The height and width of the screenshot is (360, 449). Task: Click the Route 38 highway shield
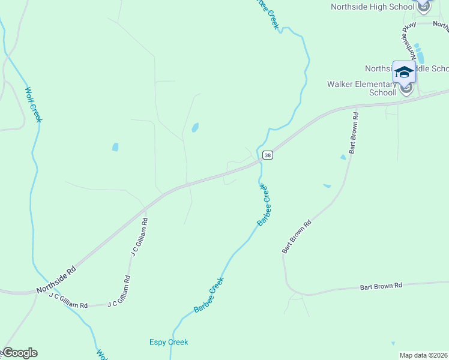click(x=268, y=155)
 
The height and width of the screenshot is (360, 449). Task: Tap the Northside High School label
click(x=373, y=7)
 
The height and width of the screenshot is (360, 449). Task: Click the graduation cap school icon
click(x=404, y=72)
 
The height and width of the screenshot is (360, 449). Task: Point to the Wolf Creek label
click(x=34, y=105)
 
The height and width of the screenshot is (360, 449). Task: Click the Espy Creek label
click(x=169, y=343)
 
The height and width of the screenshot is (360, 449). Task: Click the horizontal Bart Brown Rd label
click(x=381, y=286)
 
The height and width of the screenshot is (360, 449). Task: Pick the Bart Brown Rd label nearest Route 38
click(x=354, y=132)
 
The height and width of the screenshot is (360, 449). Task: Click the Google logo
click(x=20, y=353)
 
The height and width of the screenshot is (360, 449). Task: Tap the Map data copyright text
click(x=424, y=355)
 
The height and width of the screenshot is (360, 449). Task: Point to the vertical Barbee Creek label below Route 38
click(x=265, y=205)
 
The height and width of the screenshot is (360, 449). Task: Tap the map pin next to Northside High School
click(x=424, y=7)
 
